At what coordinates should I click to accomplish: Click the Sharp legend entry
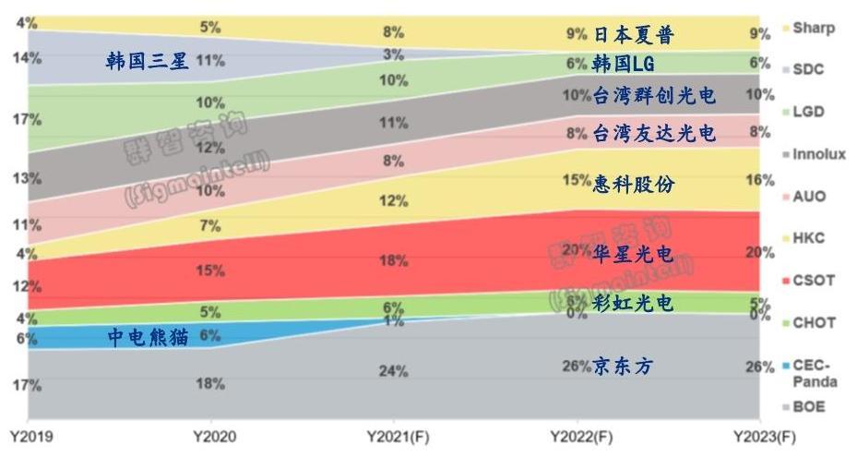[812, 28]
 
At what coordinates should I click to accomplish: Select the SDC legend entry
[808, 69]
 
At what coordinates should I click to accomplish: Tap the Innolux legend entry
[818, 154]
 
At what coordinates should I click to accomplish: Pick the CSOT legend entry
[812, 280]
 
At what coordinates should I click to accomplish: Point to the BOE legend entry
[809, 406]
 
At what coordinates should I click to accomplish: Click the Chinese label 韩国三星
[148, 62]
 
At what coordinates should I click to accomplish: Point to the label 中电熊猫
[148, 337]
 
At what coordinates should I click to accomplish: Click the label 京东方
[623, 367]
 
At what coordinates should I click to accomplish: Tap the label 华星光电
[633, 255]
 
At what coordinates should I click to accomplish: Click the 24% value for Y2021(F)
[394, 372]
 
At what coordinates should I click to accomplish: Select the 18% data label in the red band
[394, 261]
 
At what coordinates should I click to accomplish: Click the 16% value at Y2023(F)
[760, 180]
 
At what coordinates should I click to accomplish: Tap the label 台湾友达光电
[654, 133]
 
